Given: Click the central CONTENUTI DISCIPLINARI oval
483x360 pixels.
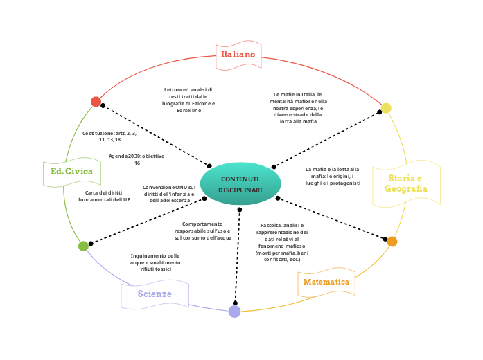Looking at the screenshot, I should click(240, 183).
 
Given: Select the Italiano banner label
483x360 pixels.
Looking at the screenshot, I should click(238, 54).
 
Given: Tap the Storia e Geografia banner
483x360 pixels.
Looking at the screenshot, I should click(406, 183).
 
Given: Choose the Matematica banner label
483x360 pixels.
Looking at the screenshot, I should click(326, 282).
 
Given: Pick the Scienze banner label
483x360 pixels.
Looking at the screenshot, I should click(155, 294).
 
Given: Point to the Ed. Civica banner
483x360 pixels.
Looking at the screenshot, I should click(71, 171).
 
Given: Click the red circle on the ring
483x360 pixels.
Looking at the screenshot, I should click(96, 102).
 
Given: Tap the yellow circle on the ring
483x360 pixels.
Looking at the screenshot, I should click(386, 108).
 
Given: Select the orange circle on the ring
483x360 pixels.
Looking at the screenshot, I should click(392, 242).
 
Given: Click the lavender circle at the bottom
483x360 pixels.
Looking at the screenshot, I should click(234, 312).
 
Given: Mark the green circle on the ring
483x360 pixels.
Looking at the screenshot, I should click(83, 246).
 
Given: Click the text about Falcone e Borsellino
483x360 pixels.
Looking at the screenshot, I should click(188, 100).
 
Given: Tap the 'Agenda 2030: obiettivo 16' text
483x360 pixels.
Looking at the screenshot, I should click(137, 159).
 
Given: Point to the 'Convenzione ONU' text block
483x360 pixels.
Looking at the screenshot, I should click(169, 193).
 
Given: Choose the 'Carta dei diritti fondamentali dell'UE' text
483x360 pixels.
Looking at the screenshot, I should click(104, 196).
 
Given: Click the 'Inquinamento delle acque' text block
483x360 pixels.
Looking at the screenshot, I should click(155, 262).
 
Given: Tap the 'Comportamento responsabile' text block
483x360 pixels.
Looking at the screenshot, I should click(203, 231).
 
